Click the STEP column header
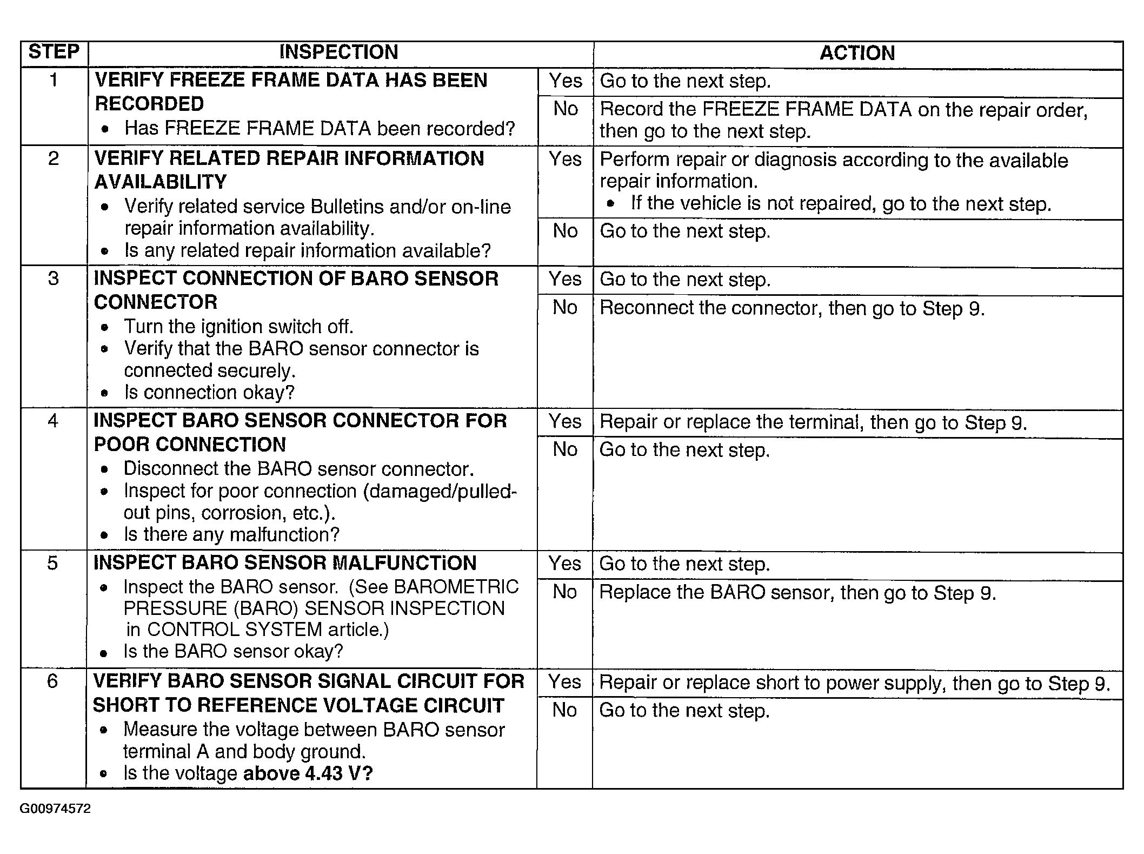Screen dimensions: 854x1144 pyautogui.click(x=54, y=52)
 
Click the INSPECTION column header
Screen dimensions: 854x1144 pyautogui.click(x=339, y=52)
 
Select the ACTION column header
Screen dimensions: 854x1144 pyautogui.click(x=857, y=53)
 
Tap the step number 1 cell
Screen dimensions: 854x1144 pyautogui.click(x=54, y=81)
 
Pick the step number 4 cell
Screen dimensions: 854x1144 pyautogui.click(x=53, y=421)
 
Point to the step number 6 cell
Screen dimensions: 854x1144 pyautogui.click(x=52, y=681)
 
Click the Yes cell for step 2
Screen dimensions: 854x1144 pyautogui.click(x=565, y=159)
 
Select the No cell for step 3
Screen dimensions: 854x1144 pyautogui.click(x=565, y=307)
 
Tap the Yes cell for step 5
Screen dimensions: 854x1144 pyautogui.click(x=564, y=564)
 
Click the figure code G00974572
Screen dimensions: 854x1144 pyautogui.click(x=55, y=809)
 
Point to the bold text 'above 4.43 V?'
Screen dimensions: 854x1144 pyautogui.click(x=308, y=773)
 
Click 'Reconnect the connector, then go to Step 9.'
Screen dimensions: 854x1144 pyautogui.click(x=792, y=308)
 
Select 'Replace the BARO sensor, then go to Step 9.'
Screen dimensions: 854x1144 pyautogui.click(x=797, y=593)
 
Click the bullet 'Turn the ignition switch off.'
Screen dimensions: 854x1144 pyautogui.click(x=238, y=327)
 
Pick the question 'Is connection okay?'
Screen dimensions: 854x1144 pyautogui.click(x=209, y=392)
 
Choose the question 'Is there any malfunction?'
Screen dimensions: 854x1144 pyautogui.click(x=231, y=534)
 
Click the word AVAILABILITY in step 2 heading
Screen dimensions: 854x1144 pyautogui.click(x=161, y=182)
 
